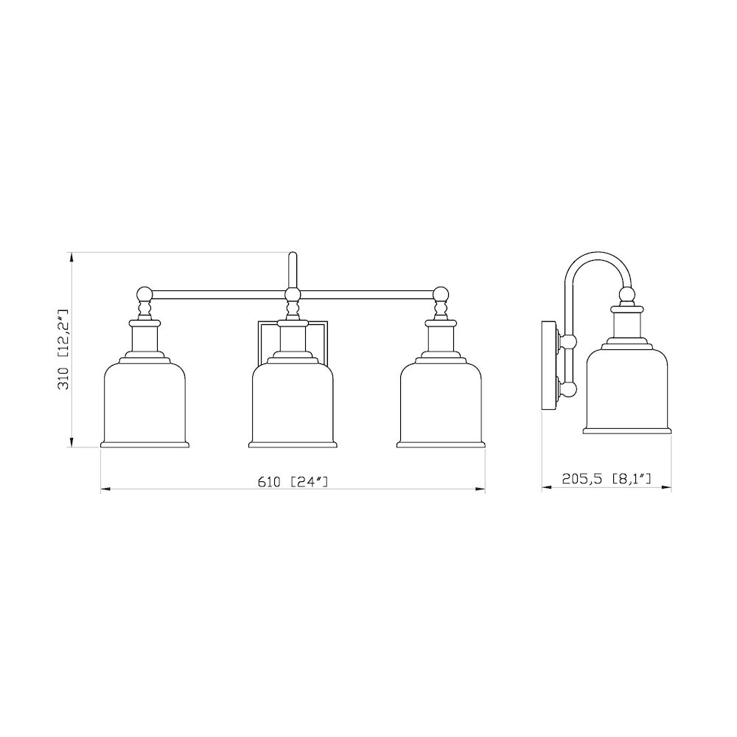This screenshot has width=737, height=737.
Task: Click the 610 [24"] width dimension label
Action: (293, 482)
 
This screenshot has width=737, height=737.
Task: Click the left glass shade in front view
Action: (144, 402)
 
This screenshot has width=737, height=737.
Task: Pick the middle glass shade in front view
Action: (293, 402)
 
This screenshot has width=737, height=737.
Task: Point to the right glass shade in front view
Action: (441, 402)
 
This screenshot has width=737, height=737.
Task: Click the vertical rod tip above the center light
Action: (293, 258)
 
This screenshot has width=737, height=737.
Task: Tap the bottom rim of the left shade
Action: (144, 444)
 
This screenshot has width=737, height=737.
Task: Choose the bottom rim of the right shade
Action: (441, 444)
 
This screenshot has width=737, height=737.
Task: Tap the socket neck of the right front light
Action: (441, 337)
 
